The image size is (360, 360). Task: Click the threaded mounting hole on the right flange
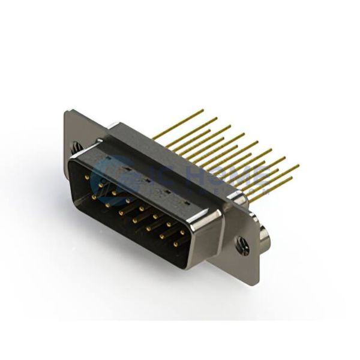(x=244, y=245)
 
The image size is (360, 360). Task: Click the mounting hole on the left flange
(x=74, y=146)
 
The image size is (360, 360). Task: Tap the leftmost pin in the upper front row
(x=88, y=178)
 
